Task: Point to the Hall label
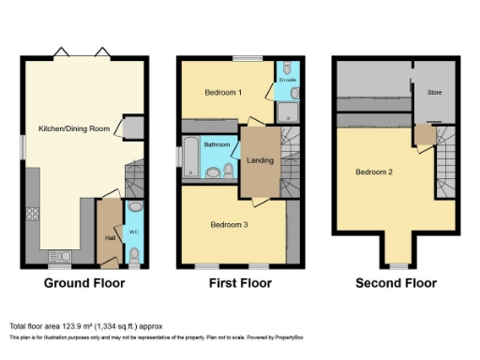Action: click(111, 237)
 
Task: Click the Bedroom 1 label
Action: click(223, 92)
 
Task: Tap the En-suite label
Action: click(287, 82)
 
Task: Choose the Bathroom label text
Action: click(217, 144)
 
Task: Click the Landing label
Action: click(260, 160)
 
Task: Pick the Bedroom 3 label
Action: click(229, 225)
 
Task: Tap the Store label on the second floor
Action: click(434, 92)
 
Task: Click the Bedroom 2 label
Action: click(373, 172)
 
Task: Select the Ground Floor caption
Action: click(84, 282)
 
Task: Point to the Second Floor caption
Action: click(397, 282)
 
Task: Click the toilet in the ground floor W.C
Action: click(135, 253)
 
